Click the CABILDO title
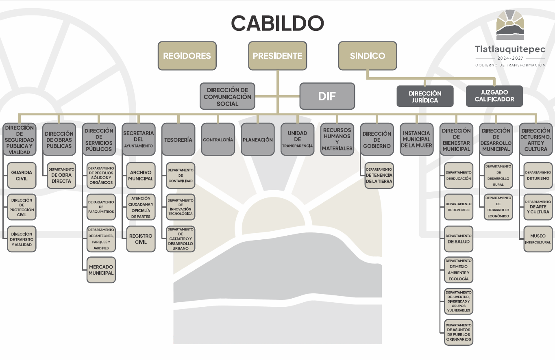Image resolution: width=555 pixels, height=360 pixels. pyautogui.click(x=277, y=23)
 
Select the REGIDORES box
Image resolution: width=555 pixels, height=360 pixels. pyautogui.click(x=187, y=56)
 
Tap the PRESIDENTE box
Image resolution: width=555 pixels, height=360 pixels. pyautogui.click(x=277, y=56)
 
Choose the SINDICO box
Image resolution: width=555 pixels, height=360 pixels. pyautogui.click(x=368, y=56)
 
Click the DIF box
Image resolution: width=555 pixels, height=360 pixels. pyautogui.click(x=327, y=96)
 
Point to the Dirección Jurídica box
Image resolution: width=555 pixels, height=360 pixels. pyautogui.click(x=425, y=96)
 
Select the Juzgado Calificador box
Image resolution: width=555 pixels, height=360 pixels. pyautogui.click(x=494, y=96)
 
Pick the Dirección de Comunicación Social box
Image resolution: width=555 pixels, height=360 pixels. pyautogui.click(x=227, y=97)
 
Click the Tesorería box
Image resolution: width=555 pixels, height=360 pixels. pyautogui.click(x=178, y=139)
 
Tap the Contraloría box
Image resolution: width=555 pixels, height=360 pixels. pyautogui.click(x=218, y=139)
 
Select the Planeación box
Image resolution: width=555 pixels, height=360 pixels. pyautogui.click(x=257, y=139)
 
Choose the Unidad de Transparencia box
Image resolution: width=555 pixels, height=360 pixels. pyautogui.click(x=297, y=139)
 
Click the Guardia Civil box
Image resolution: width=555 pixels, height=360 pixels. pyautogui.click(x=22, y=176)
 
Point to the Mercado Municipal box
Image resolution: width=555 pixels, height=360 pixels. pyautogui.click(x=101, y=270)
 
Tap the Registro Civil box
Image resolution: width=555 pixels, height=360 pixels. pyautogui.click(x=141, y=239)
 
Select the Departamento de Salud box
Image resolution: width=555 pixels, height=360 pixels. pyautogui.click(x=459, y=239)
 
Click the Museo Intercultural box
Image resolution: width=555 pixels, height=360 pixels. pyautogui.click(x=538, y=239)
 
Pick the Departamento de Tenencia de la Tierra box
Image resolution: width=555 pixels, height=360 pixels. pyautogui.click(x=379, y=176)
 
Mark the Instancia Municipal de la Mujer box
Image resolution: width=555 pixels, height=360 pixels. pyautogui.click(x=416, y=139)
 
